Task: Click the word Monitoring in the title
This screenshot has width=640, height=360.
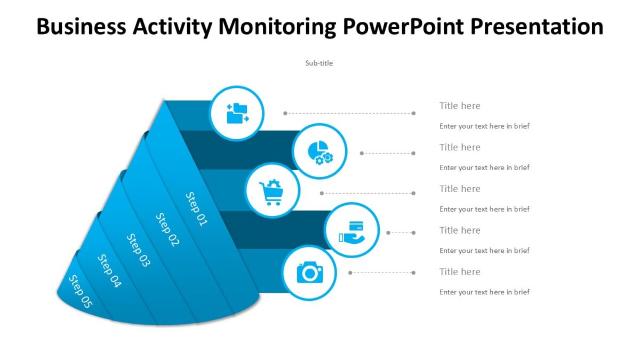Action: tap(277, 26)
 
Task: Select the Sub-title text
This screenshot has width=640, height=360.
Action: tap(319, 63)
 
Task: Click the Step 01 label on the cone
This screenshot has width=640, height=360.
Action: tap(196, 209)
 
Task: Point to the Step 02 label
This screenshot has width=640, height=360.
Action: tap(167, 229)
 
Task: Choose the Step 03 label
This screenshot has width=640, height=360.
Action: tap(139, 250)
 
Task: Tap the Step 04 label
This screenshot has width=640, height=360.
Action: tap(109, 271)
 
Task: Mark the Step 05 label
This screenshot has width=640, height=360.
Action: tap(81, 291)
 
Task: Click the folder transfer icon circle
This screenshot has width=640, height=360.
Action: tap(237, 113)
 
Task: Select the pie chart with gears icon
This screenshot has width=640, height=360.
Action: tap(320, 151)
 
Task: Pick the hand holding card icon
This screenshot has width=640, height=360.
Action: tap(351, 231)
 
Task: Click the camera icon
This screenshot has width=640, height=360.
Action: tap(309, 272)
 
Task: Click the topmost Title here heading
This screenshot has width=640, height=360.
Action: tap(460, 106)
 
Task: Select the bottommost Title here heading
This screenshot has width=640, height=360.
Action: tap(460, 271)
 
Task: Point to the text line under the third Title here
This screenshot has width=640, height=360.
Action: tap(484, 209)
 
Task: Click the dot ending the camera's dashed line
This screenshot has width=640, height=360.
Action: tap(413, 273)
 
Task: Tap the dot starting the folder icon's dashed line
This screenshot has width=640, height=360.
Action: tap(285, 113)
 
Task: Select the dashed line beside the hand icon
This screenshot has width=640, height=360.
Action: tap(401, 233)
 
